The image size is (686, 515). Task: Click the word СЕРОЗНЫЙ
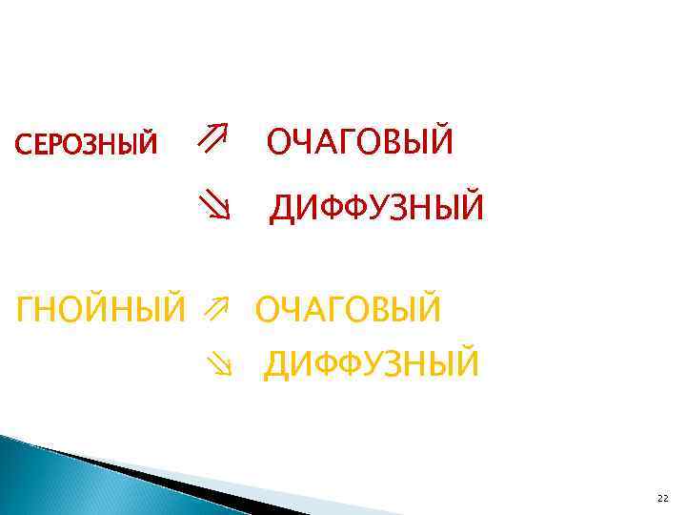[x=87, y=144]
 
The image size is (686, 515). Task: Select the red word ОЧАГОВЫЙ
[x=360, y=142]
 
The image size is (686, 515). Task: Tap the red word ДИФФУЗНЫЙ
[x=376, y=208]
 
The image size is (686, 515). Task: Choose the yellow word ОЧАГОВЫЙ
[x=348, y=308]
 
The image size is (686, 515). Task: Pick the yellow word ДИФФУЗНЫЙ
[x=372, y=363]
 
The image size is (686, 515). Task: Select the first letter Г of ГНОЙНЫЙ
[x=28, y=308]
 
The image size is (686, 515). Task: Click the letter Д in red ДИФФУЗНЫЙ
[x=283, y=209]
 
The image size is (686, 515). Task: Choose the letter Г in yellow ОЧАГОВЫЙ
[x=341, y=308]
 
